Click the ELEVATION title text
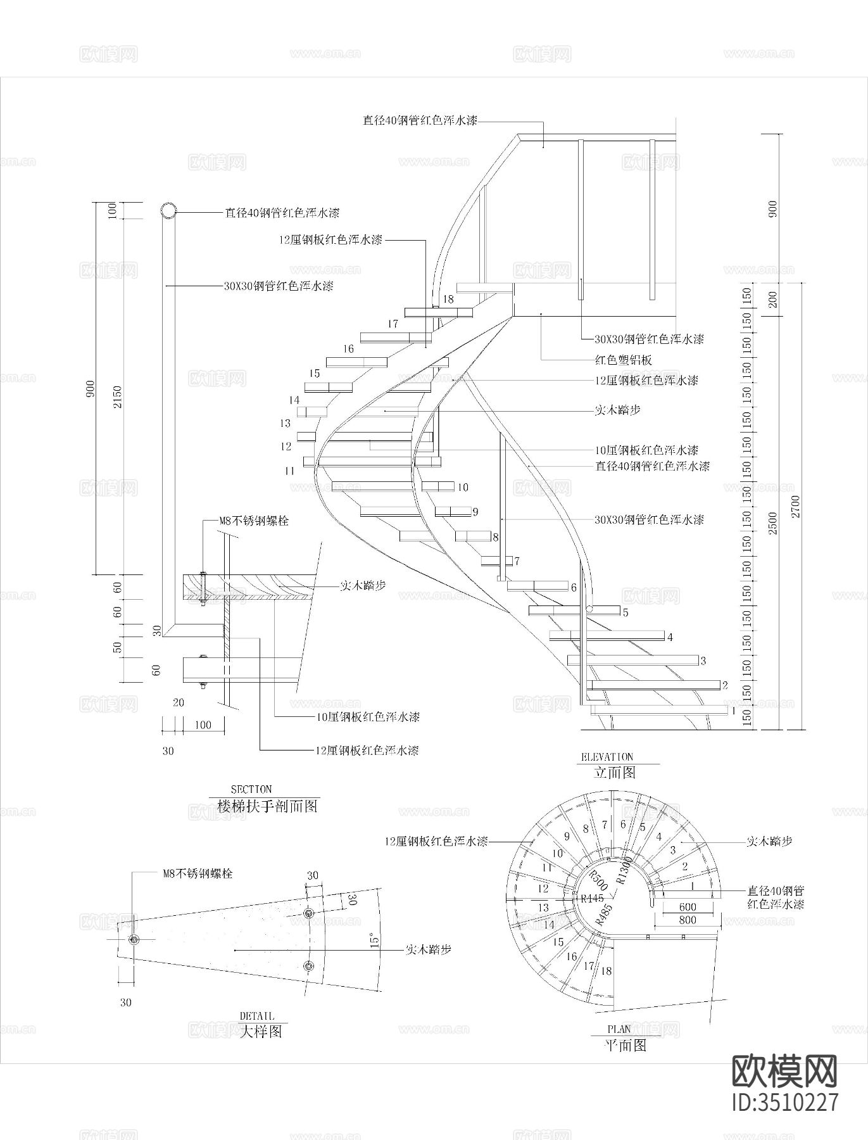(607, 756)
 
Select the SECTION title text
(251, 789)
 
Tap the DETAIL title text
(257, 1016)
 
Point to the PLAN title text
(619, 1030)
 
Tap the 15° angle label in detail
(374, 940)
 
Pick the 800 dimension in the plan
(687, 920)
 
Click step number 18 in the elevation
(448, 299)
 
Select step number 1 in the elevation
(734, 711)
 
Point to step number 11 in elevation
(289, 471)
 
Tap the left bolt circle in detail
(134, 940)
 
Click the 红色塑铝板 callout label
(623, 360)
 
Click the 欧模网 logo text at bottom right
(784, 1071)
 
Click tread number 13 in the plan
(543, 908)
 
